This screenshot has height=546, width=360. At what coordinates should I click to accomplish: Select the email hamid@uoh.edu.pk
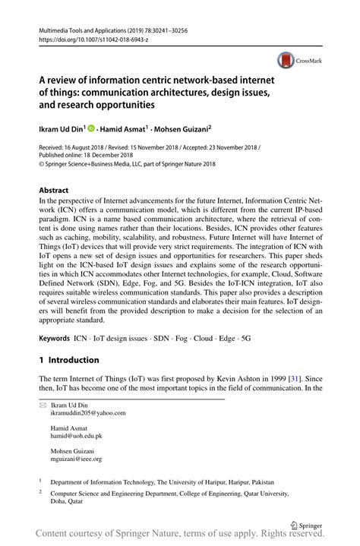[77, 436]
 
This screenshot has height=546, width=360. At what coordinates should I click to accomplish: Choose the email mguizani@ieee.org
[76, 459]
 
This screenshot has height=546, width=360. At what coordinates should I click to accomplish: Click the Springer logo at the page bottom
[307, 524]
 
